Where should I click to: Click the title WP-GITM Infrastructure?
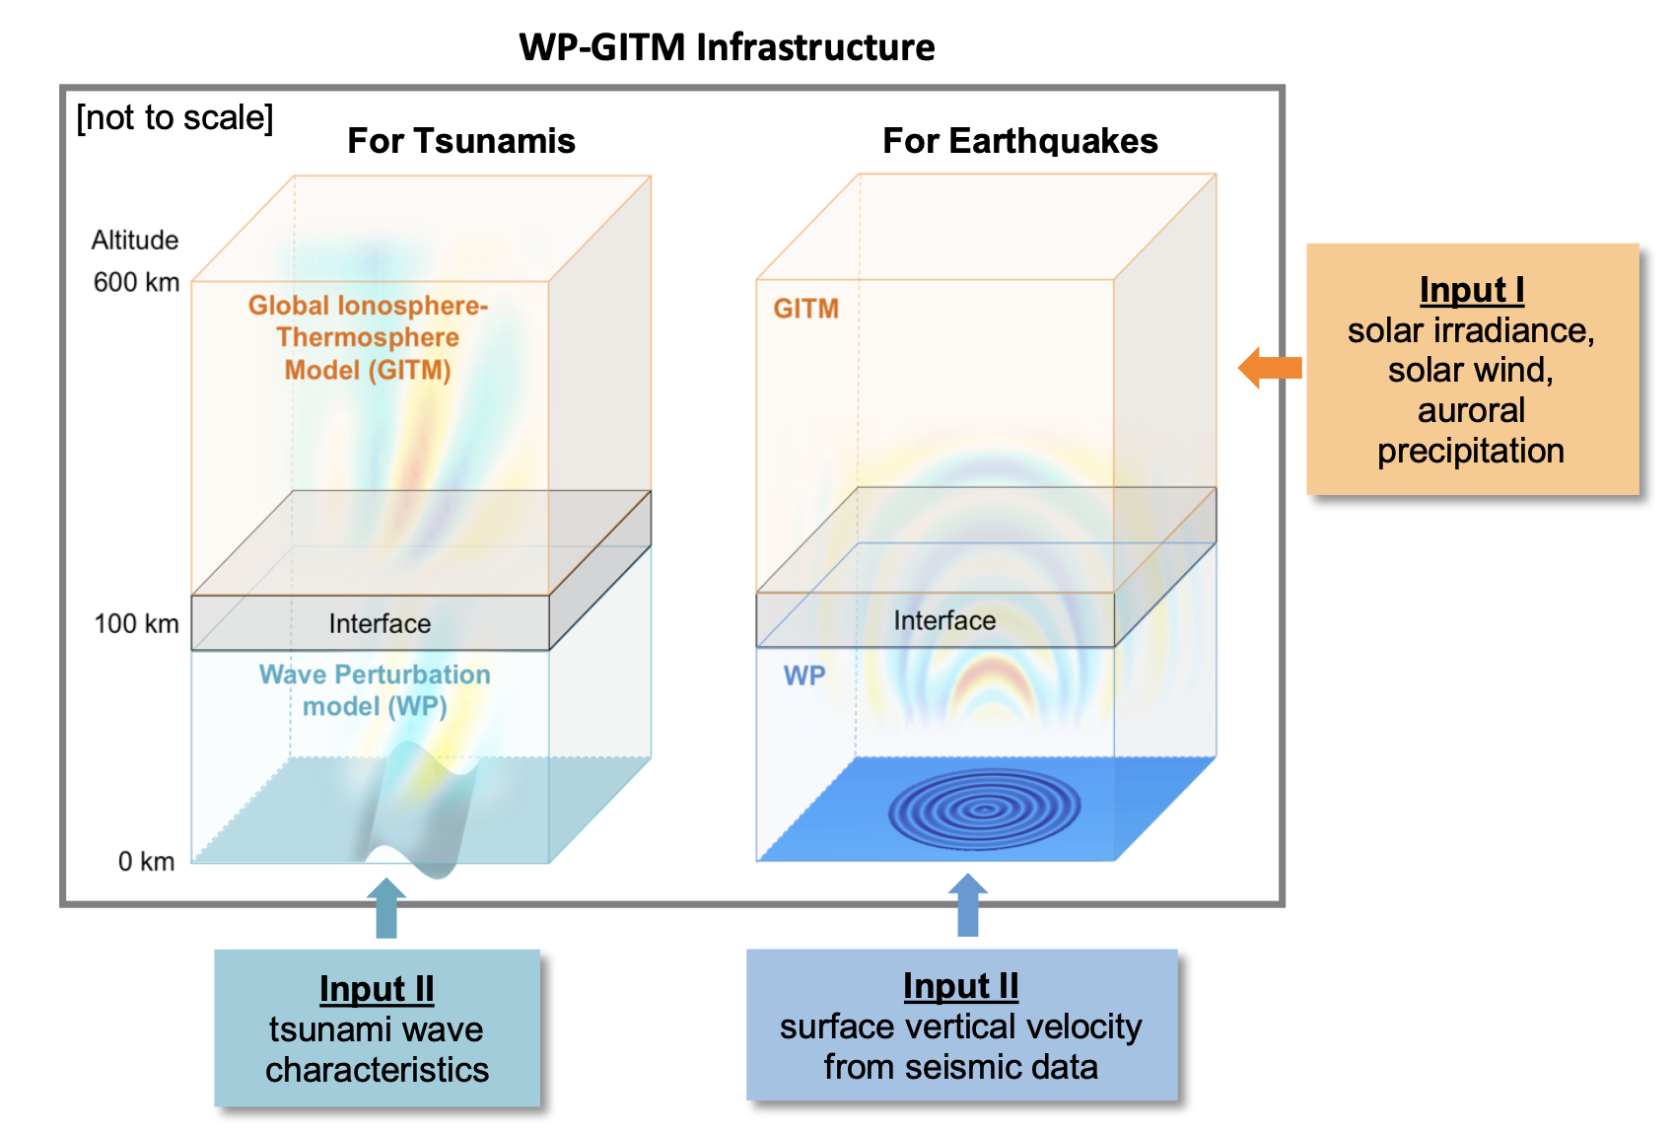[727, 46]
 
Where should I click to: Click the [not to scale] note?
[174, 117]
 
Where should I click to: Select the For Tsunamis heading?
[460, 141]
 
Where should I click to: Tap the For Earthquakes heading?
[1019, 141]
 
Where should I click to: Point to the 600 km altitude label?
[136, 282]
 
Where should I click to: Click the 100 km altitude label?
[136, 623]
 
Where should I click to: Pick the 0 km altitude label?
[146, 861]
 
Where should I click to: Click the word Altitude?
[135, 240]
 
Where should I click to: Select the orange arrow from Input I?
[1270, 368]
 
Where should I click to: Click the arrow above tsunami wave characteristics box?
[385, 908]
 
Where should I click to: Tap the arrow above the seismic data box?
[967, 905]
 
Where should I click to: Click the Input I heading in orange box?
[1471, 290]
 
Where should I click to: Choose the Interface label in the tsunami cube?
[380, 623]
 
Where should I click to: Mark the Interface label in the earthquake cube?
[943, 620]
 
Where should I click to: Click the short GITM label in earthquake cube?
[805, 309]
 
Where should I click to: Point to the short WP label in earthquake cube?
[803, 675]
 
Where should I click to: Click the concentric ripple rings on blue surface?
[984, 810]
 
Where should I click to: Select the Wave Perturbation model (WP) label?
[375, 689]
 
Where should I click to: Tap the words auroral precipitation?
[1470, 430]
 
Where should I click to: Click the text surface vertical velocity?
[960, 1026]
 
